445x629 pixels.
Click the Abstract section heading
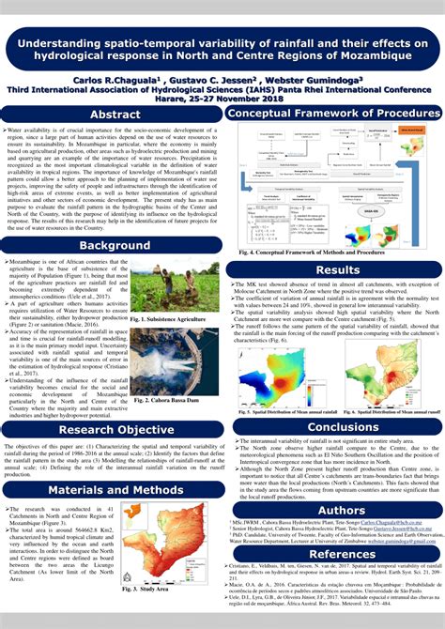click(x=115, y=115)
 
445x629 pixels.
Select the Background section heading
click(x=115, y=246)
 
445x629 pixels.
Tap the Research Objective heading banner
click(x=115, y=429)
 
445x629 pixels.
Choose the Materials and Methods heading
click(x=115, y=489)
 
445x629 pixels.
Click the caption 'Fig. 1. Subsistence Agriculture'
click(x=167, y=319)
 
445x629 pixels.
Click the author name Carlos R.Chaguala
click(x=120, y=81)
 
